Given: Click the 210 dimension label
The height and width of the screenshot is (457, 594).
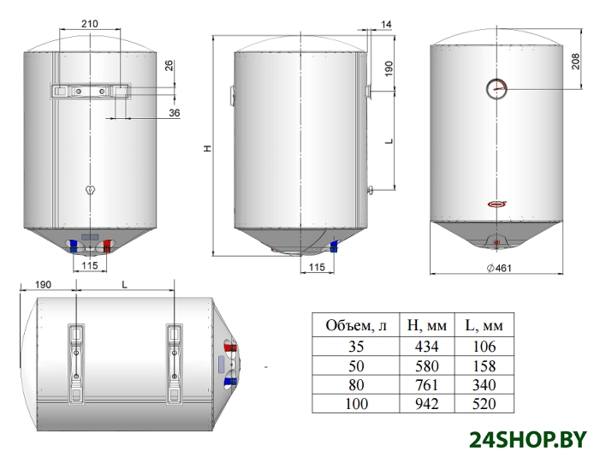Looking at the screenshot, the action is pos(89,24).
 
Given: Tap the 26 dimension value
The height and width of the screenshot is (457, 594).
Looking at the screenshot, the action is pos(169,66).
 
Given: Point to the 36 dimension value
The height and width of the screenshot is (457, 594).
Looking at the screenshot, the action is pos(175,113).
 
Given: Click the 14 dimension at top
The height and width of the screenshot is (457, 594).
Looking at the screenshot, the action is pos(386,25).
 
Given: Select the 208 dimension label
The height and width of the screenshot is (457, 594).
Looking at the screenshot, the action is pos(575,62).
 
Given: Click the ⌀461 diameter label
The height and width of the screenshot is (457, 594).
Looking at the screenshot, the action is pos(499,268).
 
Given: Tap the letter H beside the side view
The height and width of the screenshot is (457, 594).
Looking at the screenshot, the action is pos(208,148).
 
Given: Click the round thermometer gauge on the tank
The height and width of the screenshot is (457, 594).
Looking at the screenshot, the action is pos(496,89).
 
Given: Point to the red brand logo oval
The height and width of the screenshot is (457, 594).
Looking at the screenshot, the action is pos(496,205).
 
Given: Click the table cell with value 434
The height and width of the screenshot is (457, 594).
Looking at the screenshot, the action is pos(426,347).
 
